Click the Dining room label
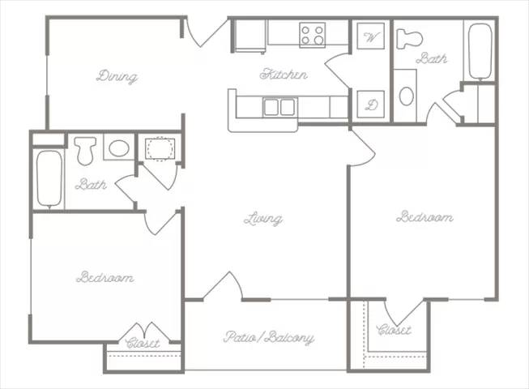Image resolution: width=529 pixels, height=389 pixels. point(117,77)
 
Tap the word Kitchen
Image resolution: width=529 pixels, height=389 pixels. point(284,75)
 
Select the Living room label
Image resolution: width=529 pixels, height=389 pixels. point(263,219)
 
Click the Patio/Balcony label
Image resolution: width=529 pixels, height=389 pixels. point(268,337)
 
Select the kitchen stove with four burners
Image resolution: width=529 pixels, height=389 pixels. point(312,34)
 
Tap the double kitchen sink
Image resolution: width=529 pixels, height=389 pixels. point(279,106)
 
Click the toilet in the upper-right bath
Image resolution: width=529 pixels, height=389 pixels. point(410,37)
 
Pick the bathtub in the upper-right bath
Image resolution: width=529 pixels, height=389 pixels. point(480,50)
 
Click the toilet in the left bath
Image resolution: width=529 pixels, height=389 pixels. point(85,150)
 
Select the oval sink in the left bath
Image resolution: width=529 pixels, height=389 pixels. point(119,148)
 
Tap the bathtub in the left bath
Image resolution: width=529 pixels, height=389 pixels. point(49,178)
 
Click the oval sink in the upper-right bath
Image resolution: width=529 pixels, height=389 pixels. point(406,96)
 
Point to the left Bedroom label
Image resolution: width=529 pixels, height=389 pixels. point(105,277)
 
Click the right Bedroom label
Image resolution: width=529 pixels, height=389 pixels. point(424,217)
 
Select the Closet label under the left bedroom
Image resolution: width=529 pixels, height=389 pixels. point(143,343)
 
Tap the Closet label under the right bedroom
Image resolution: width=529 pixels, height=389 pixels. point(394,330)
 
